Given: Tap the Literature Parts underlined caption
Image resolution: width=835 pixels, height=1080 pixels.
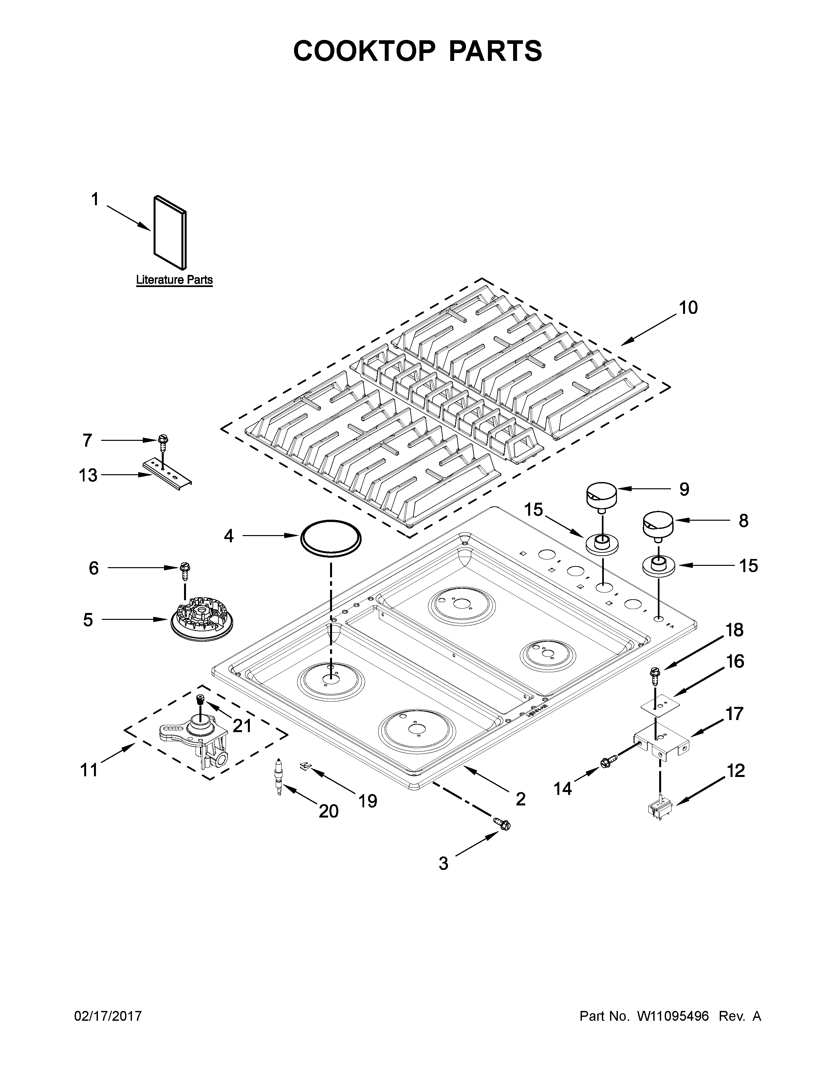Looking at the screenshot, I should (174, 280).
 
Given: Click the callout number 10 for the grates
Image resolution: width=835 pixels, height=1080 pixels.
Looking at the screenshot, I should (688, 308).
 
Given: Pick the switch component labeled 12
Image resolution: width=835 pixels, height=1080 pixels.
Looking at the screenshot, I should (661, 811).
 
